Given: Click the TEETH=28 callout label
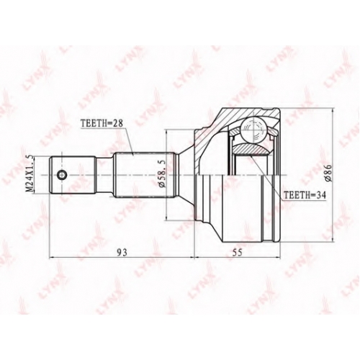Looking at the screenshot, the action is click(102, 123).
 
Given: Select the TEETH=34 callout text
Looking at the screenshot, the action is click(305, 195).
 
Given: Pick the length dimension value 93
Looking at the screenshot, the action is click(122, 253).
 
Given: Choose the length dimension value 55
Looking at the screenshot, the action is click(237, 253).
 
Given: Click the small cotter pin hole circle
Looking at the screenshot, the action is click(62, 175).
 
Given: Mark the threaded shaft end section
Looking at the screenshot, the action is click(73, 175).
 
